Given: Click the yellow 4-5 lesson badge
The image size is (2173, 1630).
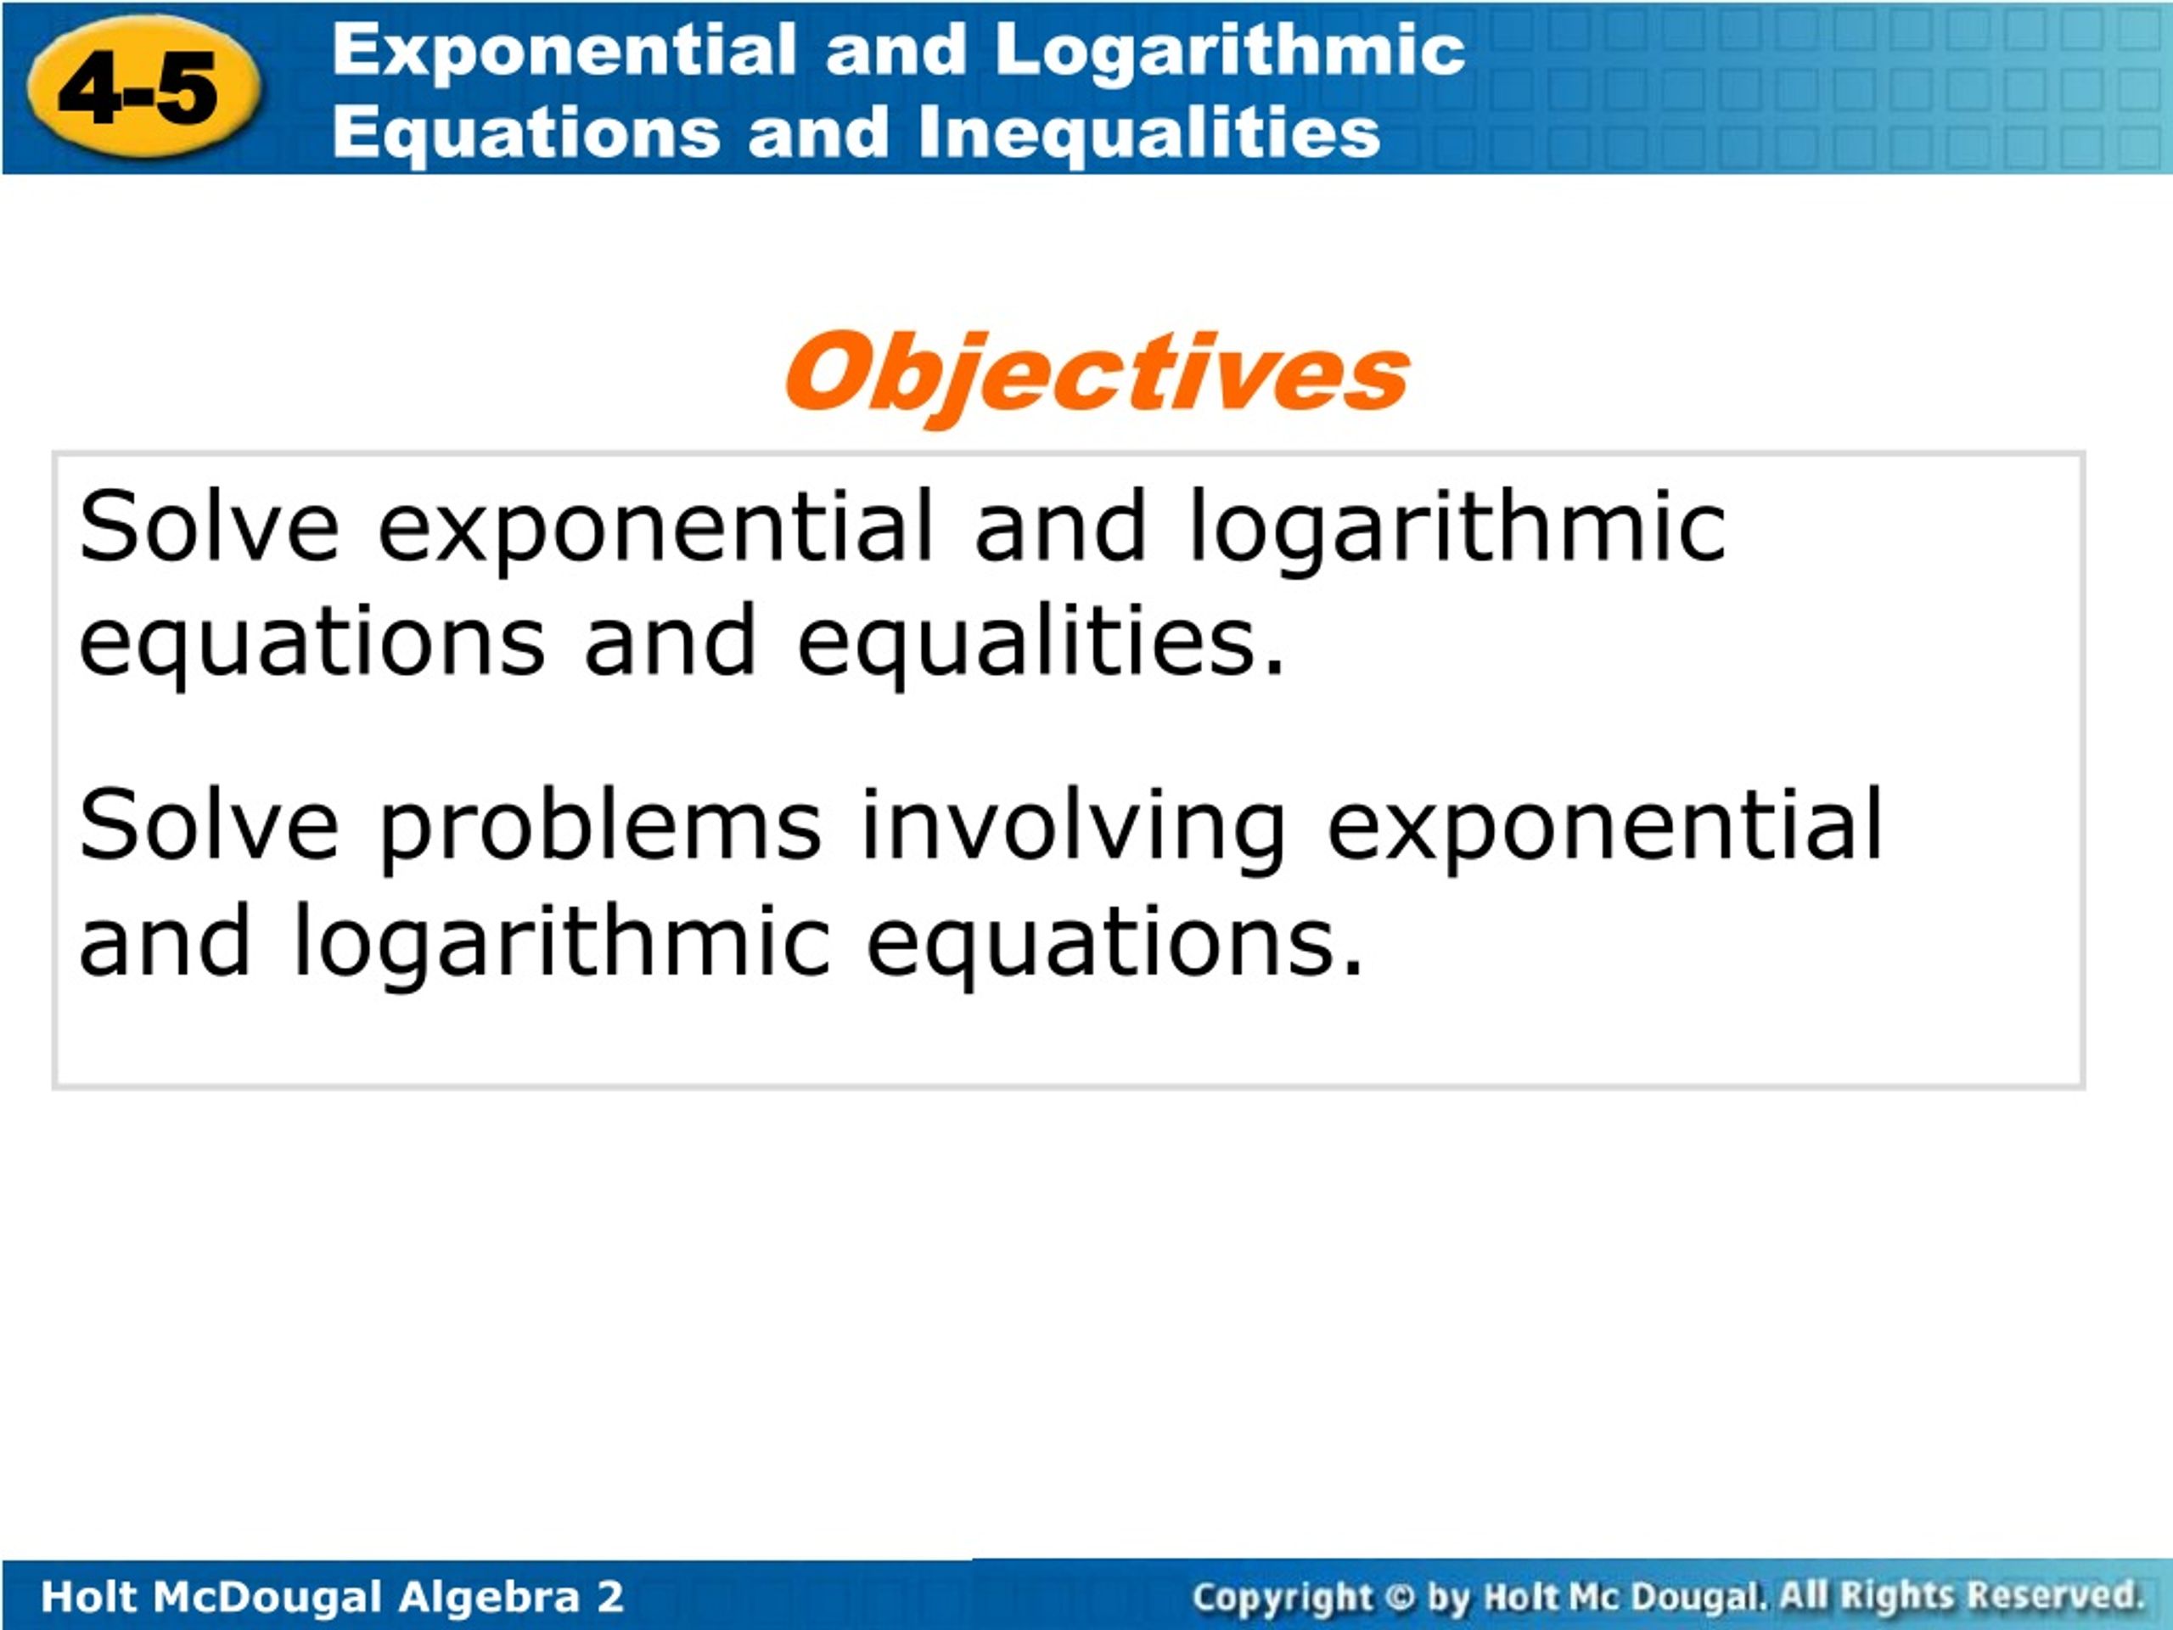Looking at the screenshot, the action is (144, 87).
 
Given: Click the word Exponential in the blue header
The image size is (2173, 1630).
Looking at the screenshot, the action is (564, 50).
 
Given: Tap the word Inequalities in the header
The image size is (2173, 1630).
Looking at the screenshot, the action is (1149, 132).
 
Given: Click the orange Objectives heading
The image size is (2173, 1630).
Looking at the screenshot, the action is (1097, 374).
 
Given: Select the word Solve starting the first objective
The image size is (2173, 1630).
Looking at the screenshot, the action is (210, 526).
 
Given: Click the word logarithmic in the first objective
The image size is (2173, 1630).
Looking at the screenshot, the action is (1457, 531).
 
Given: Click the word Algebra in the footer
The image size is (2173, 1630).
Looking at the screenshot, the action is (488, 1598).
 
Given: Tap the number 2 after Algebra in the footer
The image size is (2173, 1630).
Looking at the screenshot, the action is (610, 1597).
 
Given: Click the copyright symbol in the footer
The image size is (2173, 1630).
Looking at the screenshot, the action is (1400, 1598).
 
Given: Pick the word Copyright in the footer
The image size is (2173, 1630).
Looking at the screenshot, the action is (1281, 1599).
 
